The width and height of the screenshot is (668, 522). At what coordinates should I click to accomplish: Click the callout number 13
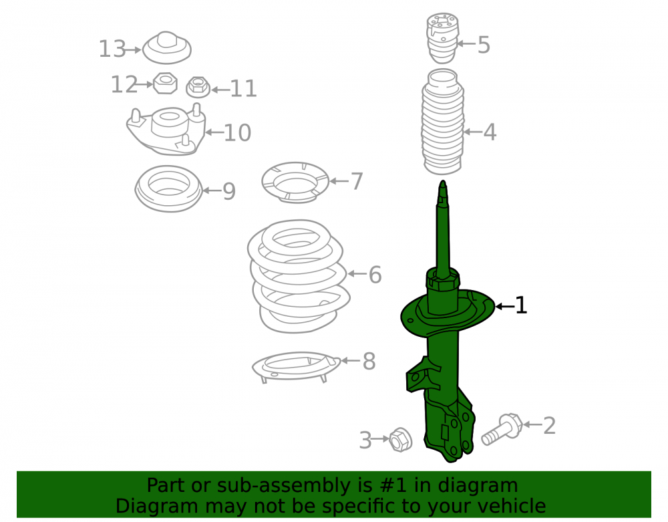click(112, 49)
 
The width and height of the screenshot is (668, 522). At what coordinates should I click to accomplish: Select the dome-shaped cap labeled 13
click(166, 47)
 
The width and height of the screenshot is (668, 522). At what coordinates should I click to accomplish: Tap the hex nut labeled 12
click(165, 83)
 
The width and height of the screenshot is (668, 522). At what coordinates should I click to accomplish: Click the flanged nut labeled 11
click(198, 87)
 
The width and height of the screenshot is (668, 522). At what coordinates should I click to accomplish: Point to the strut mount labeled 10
click(166, 129)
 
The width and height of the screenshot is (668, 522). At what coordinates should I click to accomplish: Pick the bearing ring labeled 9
click(169, 188)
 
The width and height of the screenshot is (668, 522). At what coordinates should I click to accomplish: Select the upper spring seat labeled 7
click(295, 182)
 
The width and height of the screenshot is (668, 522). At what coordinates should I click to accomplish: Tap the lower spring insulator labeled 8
click(296, 366)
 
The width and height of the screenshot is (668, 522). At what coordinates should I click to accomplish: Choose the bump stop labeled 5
click(443, 37)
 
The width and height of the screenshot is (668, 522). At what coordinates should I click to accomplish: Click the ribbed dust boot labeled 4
click(443, 122)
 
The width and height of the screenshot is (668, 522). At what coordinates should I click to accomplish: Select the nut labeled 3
click(400, 439)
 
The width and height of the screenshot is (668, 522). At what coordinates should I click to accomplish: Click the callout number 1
click(521, 305)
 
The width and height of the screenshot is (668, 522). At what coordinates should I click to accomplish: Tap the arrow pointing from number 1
click(504, 306)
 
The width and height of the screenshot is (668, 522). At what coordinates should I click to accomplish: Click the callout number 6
click(375, 275)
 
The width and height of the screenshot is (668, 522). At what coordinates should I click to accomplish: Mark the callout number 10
click(237, 133)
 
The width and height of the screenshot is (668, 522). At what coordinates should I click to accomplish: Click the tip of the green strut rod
click(443, 181)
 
